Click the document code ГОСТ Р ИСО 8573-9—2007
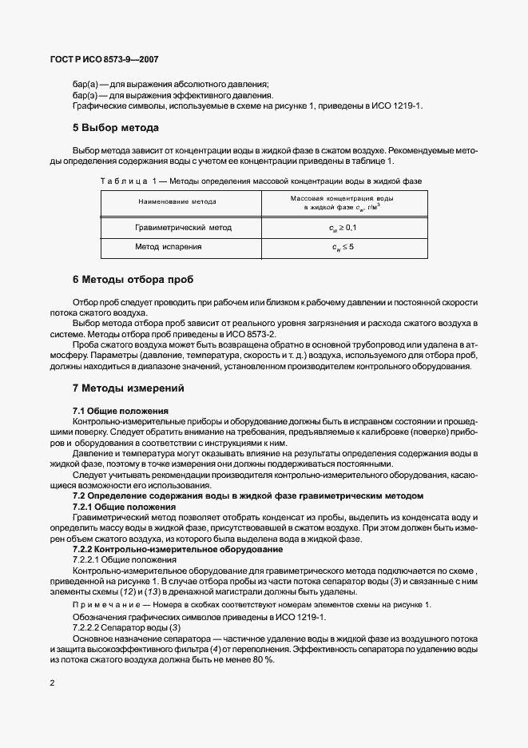point(105,59)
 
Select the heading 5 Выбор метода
point(116,128)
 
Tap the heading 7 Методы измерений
point(129,388)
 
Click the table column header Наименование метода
point(177,202)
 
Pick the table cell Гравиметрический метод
point(183,228)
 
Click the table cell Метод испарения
point(168,247)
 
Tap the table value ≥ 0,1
point(343,228)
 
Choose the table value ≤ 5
point(343,247)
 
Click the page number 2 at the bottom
point(52,683)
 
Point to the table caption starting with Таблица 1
point(260,181)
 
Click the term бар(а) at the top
point(85,85)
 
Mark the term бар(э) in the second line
point(85,95)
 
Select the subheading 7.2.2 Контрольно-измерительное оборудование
point(177,550)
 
